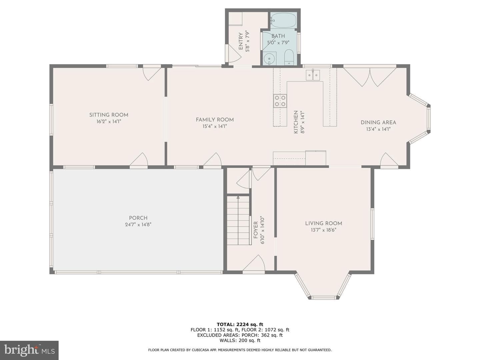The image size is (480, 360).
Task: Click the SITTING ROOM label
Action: point(109,115)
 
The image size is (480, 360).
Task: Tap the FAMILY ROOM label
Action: point(215,120)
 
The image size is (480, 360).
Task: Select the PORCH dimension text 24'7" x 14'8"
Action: point(138,224)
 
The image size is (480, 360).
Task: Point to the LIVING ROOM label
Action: point(324,223)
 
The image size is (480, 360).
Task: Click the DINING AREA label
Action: point(378,123)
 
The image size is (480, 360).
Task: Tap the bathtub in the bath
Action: point(283,20)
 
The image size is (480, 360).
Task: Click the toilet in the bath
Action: point(289,57)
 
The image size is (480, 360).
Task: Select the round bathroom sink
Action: point(269,59)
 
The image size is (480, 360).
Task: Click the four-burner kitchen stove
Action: point(280,101)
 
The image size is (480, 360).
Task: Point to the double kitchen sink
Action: point(313,75)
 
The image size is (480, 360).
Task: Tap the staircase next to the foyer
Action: point(238,220)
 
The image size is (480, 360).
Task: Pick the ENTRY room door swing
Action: point(234,54)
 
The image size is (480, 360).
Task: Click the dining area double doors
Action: point(370,77)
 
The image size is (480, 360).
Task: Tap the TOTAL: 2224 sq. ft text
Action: point(240,324)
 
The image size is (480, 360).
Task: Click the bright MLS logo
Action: point(29,350)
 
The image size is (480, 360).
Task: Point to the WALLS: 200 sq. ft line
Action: point(240,340)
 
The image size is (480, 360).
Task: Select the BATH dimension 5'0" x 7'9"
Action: point(278,43)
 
